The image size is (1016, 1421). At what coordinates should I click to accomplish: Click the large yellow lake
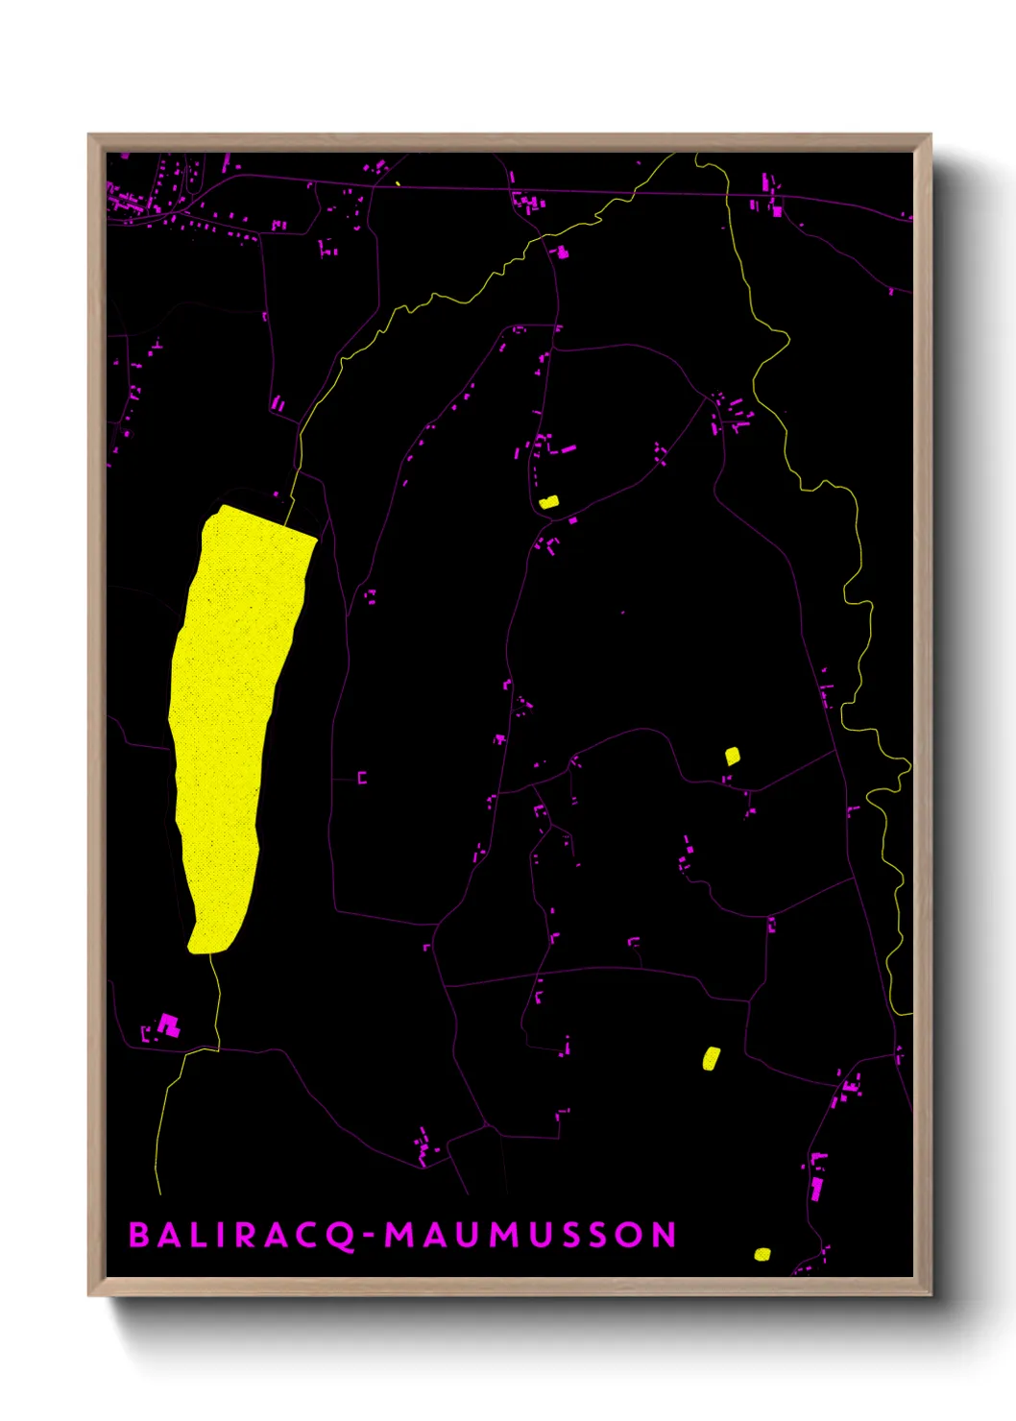click(230, 710)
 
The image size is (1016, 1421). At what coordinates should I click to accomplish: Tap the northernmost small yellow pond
click(548, 501)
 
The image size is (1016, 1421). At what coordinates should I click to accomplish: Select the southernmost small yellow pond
click(762, 1253)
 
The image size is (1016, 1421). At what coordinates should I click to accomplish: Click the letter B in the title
click(139, 1235)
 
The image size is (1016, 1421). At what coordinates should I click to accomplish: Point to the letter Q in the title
click(342, 1236)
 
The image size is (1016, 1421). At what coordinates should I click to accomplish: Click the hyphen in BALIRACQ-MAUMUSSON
click(369, 1236)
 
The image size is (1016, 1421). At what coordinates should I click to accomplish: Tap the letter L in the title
click(195, 1235)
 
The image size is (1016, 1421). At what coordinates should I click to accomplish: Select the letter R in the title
click(247, 1235)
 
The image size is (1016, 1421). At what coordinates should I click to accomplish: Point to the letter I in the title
click(221, 1235)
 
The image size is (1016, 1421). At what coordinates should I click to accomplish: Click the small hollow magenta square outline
click(362, 778)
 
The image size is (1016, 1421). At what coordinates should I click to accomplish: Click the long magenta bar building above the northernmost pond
click(568, 448)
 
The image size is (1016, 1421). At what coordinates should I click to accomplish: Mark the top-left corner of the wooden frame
click(89, 135)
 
